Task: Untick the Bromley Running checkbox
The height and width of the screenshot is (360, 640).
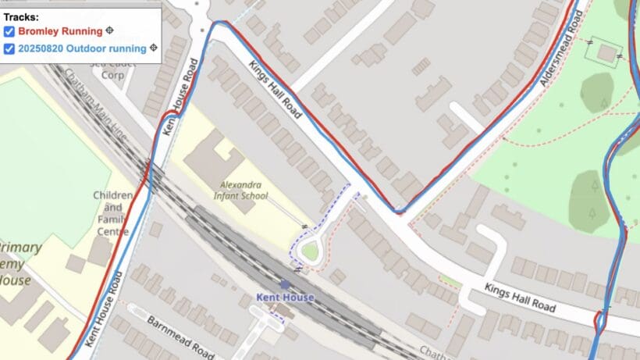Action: click(9, 31)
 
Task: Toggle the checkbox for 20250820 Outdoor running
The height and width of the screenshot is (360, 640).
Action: click(9, 48)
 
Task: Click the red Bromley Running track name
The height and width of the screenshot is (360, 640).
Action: click(60, 31)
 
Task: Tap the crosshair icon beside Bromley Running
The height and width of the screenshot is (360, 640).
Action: click(110, 31)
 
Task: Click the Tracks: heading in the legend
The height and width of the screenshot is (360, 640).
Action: click(21, 16)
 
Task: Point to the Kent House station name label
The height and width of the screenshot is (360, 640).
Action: click(285, 298)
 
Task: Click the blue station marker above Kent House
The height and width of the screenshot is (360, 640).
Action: click(285, 285)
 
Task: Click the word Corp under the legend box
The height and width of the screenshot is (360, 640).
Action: click(113, 76)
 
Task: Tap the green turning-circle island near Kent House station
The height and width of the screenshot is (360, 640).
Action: click(311, 251)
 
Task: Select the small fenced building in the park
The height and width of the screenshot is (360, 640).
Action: click(606, 54)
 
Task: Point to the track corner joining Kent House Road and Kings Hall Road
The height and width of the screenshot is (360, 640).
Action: click(217, 23)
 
